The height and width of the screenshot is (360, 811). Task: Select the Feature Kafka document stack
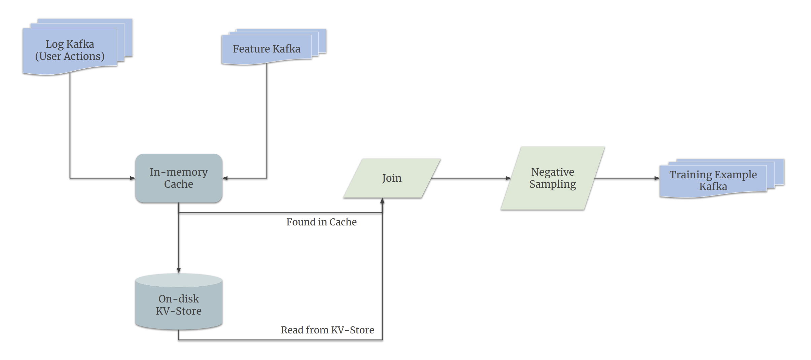pyautogui.click(x=267, y=49)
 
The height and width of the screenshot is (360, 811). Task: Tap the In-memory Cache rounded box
pyautogui.click(x=179, y=178)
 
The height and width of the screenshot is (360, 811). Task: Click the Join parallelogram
pyautogui.click(x=392, y=178)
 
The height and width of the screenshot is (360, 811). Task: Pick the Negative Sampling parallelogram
pyautogui.click(x=553, y=178)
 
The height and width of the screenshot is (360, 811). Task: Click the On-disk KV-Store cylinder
pyautogui.click(x=179, y=304)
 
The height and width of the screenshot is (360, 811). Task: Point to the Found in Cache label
pyautogui.click(x=321, y=222)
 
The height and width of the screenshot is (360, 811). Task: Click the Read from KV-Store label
pyautogui.click(x=327, y=330)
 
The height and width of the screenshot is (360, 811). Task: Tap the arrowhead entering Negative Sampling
pyautogui.click(x=508, y=178)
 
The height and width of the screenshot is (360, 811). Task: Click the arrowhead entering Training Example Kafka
pyautogui.click(x=657, y=178)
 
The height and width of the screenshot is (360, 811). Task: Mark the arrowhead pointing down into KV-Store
pyautogui.click(x=179, y=271)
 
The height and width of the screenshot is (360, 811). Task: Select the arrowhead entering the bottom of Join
pyautogui.click(x=382, y=201)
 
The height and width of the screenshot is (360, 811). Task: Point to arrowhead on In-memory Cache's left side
pyautogui.click(x=133, y=178)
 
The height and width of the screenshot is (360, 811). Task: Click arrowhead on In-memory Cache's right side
pyautogui.click(x=225, y=178)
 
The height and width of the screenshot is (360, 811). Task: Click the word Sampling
pyautogui.click(x=553, y=184)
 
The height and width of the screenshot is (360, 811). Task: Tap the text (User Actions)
pyautogui.click(x=70, y=56)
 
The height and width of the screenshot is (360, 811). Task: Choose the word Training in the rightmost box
pyautogui.click(x=691, y=175)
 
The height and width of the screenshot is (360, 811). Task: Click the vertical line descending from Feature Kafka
pyautogui.click(x=267, y=118)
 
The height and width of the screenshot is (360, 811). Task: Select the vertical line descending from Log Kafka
pyautogui.click(x=70, y=124)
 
